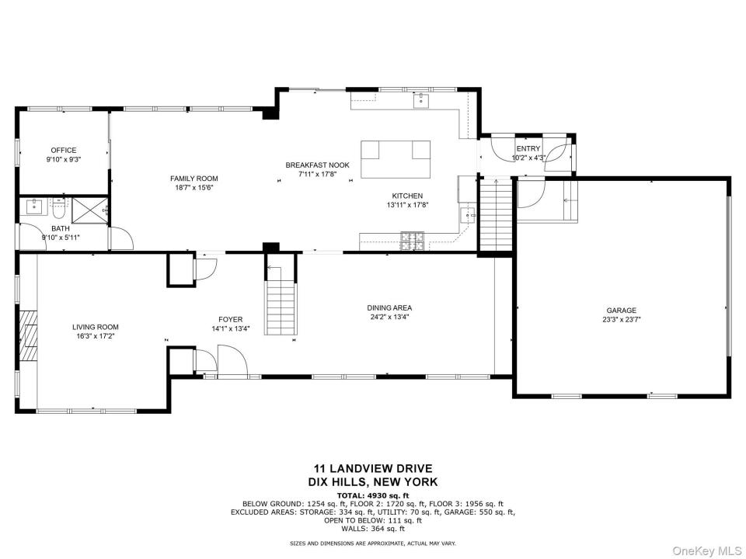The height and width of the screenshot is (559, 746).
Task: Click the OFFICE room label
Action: (x=64, y=150)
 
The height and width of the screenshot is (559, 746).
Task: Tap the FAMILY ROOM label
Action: (x=194, y=179)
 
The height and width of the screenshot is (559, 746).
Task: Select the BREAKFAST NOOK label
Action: (x=317, y=165)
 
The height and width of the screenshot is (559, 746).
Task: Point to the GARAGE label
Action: (x=622, y=311)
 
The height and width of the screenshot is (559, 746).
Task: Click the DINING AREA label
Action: (x=389, y=308)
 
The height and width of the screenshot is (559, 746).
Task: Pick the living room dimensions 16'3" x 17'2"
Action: (x=95, y=336)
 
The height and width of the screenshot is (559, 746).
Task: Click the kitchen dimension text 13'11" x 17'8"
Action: (x=407, y=205)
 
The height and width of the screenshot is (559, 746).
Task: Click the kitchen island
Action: (x=396, y=159)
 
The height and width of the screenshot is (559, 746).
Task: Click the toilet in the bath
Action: (x=60, y=207)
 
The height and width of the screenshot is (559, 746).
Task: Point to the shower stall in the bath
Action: (x=89, y=211)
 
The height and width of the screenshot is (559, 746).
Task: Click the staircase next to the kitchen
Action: (x=495, y=214)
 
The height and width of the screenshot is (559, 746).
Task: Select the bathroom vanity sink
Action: (x=34, y=207)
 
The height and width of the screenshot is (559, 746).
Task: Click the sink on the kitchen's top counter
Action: (x=421, y=101)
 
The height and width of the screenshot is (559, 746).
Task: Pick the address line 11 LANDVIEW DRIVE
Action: (x=372, y=469)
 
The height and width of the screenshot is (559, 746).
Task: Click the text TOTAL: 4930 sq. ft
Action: (x=372, y=495)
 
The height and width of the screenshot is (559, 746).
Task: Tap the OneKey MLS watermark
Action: (x=706, y=551)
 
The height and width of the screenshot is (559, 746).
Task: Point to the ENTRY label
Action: (x=528, y=149)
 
